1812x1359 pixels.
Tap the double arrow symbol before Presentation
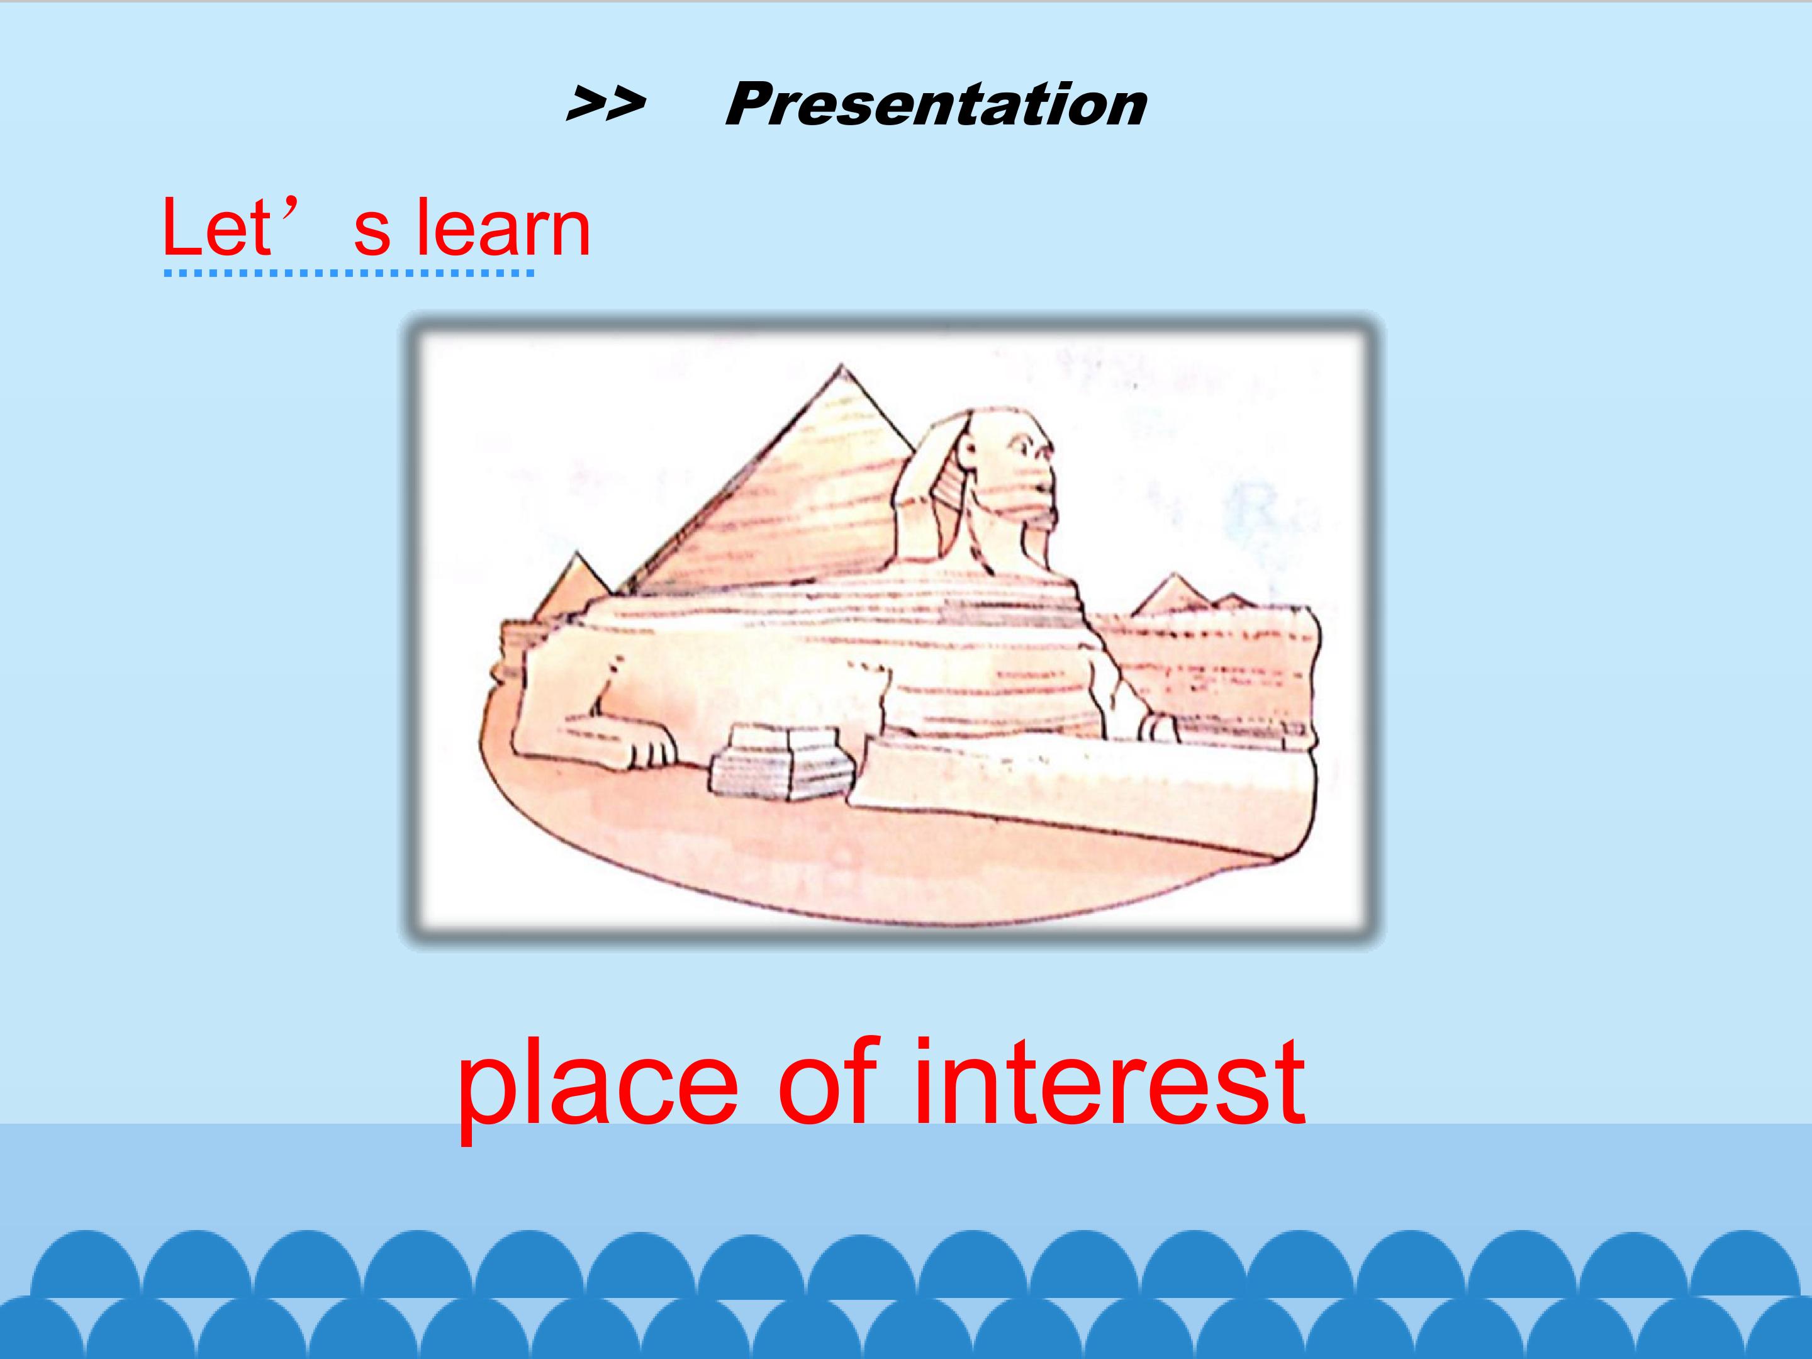(606, 106)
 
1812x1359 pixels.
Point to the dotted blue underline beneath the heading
(350, 273)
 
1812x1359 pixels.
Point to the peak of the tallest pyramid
(841, 366)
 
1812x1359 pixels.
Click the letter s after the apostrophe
(372, 233)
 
